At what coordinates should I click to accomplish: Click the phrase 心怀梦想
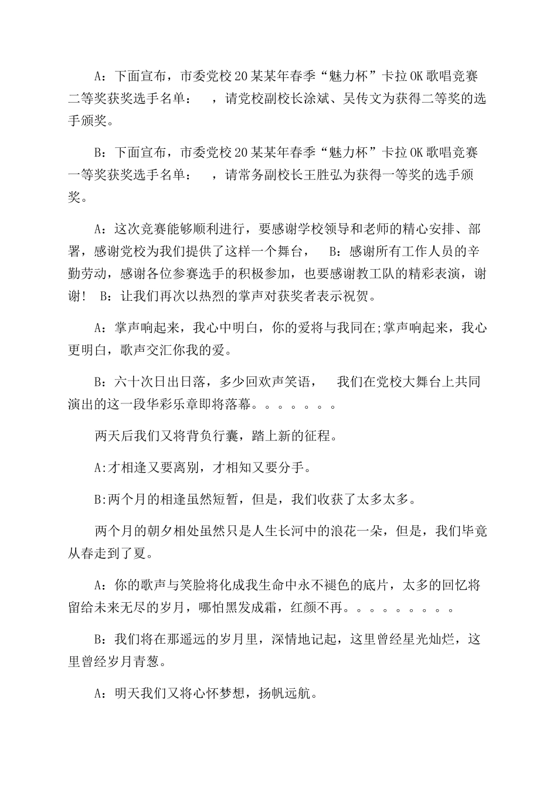(221, 692)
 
